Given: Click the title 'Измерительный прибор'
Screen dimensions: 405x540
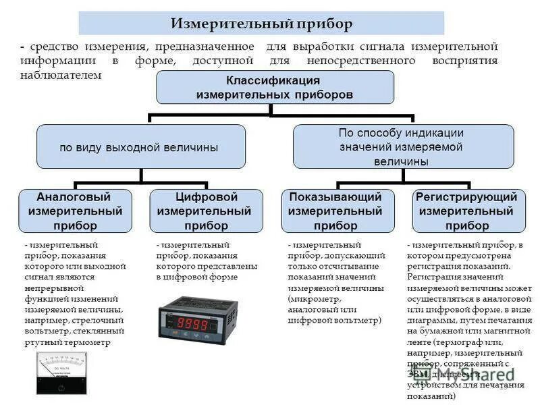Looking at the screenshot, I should pyautogui.click(x=261, y=24).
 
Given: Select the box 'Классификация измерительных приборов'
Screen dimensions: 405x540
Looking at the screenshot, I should pyautogui.click(x=275, y=88).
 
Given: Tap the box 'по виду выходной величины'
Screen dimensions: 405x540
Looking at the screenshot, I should pyautogui.click(x=140, y=146).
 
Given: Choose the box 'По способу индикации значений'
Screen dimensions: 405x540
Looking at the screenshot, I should pyautogui.click(x=403, y=147).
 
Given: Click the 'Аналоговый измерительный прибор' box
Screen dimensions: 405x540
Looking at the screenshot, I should pyautogui.click(x=75, y=211).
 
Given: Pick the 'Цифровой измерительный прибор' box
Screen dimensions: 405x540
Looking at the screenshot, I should pyautogui.click(x=205, y=211).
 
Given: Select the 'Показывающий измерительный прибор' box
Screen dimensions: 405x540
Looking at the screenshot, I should pyautogui.click(x=337, y=211).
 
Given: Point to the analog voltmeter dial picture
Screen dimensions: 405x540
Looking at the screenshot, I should pyautogui.click(x=61, y=368).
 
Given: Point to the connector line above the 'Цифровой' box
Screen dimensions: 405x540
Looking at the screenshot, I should pyautogui.click(x=206, y=185).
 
